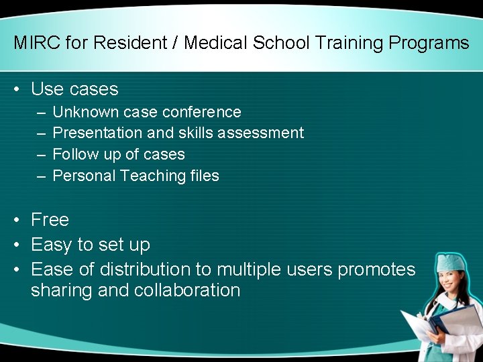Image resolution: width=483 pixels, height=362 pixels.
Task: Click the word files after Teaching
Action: tap(203, 176)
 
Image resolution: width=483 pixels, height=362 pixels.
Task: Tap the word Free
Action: tap(50, 220)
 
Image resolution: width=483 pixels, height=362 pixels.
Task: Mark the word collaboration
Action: tap(187, 290)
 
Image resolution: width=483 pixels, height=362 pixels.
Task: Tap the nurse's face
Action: tap(450, 282)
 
